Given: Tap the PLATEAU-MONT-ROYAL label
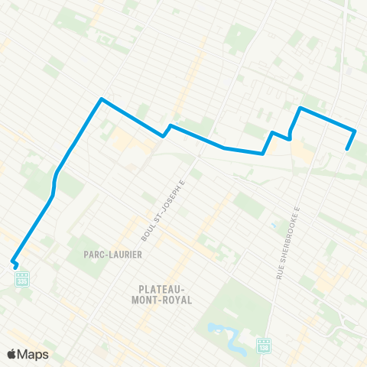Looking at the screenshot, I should (166, 294).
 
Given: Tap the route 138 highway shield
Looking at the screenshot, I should (265, 346).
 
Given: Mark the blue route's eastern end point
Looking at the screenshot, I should (348, 149).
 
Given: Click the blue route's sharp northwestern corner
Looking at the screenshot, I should (101, 99).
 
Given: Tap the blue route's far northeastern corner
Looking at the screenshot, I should (300, 108).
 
